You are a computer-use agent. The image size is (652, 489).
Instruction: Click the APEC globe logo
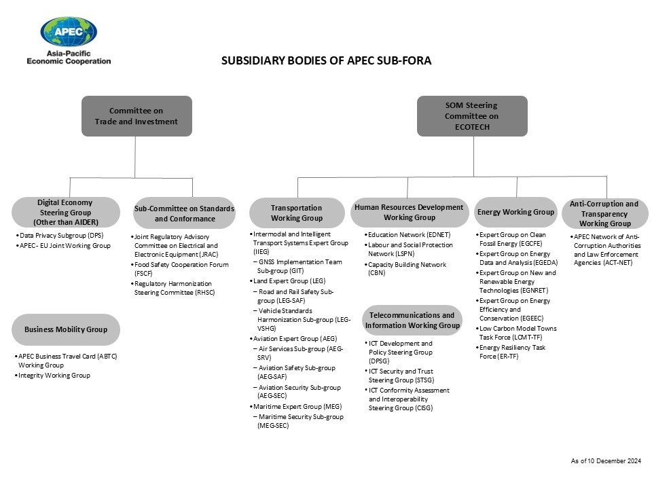click(x=69, y=32)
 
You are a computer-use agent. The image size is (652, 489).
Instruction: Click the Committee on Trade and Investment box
click(x=137, y=116)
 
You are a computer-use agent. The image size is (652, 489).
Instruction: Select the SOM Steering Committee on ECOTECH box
click(x=472, y=116)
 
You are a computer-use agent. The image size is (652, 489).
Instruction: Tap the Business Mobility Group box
click(x=66, y=330)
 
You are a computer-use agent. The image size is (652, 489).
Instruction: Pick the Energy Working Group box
click(x=515, y=212)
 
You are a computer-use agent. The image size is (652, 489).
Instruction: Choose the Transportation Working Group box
click(x=297, y=213)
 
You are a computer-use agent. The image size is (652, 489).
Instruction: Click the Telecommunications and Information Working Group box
click(x=412, y=320)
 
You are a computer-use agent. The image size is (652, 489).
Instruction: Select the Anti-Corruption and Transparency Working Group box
click(x=604, y=214)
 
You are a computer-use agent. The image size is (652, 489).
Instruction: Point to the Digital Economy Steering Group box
click(x=66, y=213)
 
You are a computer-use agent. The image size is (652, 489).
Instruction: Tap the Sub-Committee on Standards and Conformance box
click(x=184, y=213)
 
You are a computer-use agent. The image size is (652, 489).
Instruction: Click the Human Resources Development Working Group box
click(x=409, y=213)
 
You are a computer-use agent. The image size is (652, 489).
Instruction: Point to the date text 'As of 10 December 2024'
click(x=606, y=460)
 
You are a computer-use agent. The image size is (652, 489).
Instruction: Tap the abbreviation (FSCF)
click(x=143, y=274)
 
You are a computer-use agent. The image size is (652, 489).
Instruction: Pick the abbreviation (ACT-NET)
click(x=617, y=263)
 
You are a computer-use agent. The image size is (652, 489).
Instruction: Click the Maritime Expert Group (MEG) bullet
click(x=295, y=407)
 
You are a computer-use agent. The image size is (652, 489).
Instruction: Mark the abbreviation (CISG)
click(x=424, y=408)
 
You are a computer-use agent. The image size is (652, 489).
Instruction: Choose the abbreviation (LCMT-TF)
click(x=527, y=338)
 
